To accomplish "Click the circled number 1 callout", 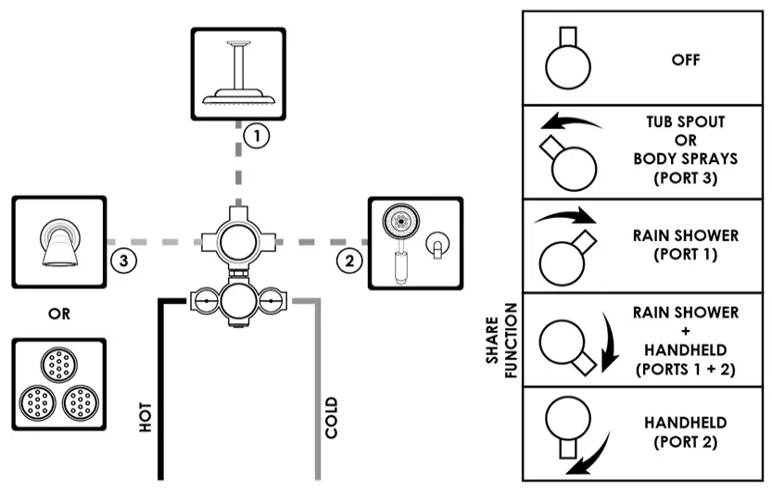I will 257,135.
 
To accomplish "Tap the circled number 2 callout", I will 348,260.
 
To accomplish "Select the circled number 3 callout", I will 126,260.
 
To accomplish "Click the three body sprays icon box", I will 59,384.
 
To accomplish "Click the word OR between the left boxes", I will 59,313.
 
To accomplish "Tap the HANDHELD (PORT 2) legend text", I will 685,432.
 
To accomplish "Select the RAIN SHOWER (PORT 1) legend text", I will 686,245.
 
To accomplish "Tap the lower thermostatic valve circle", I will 239,300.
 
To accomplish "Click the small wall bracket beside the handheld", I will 434,245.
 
